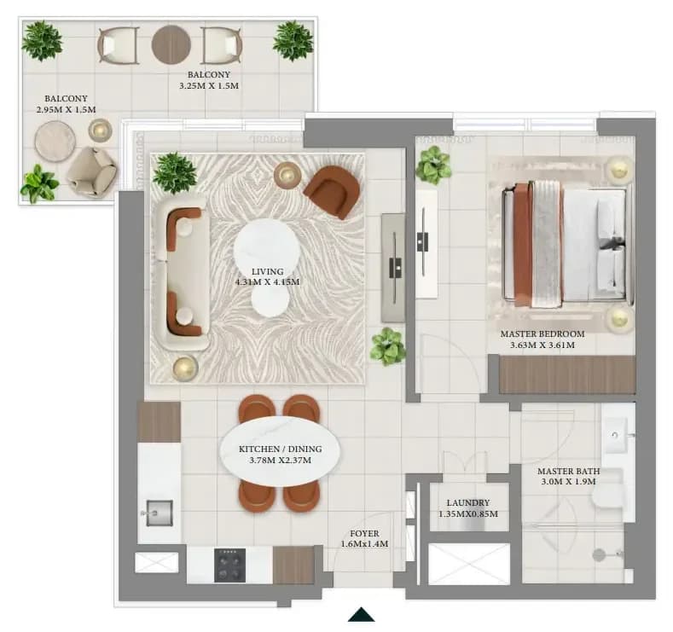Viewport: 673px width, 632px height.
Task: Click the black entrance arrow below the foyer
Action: pyautogui.click(x=362, y=614)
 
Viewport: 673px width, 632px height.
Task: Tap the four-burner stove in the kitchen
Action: pyautogui.click(x=230, y=565)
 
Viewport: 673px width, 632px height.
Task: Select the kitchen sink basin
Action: pyautogui.click(x=160, y=513)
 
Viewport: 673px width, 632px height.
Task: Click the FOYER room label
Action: pyautogui.click(x=364, y=533)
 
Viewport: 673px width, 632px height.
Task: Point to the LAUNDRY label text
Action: pyautogui.click(x=467, y=502)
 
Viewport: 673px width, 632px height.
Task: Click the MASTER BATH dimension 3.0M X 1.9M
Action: pyautogui.click(x=568, y=481)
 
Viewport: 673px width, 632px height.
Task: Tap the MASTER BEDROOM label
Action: pyautogui.click(x=542, y=333)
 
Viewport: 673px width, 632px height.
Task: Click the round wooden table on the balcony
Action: pyautogui.click(x=171, y=45)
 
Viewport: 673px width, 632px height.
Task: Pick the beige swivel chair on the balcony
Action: pyautogui.click(x=92, y=172)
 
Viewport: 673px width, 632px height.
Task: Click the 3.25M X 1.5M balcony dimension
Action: pyautogui.click(x=209, y=85)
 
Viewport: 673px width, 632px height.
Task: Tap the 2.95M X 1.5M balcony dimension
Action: pyautogui.click(x=66, y=109)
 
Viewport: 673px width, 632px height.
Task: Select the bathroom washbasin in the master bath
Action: pyautogui.click(x=616, y=435)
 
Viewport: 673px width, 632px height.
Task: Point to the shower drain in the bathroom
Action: pyautogui.click(x=599, y=554)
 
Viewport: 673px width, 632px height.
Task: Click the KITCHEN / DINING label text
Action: pyautogui.click(x=281, y=449)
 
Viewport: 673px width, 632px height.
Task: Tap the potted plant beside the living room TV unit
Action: pyautogui.click(x=388, y=346)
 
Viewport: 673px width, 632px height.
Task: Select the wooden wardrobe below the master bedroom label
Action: pyautogui.click(x=567, y=374)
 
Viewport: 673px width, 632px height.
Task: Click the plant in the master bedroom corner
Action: pyautogui.click(x=433, y=165)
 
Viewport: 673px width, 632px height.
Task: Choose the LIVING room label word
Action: pyautogui.click(x=267, y=271)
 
